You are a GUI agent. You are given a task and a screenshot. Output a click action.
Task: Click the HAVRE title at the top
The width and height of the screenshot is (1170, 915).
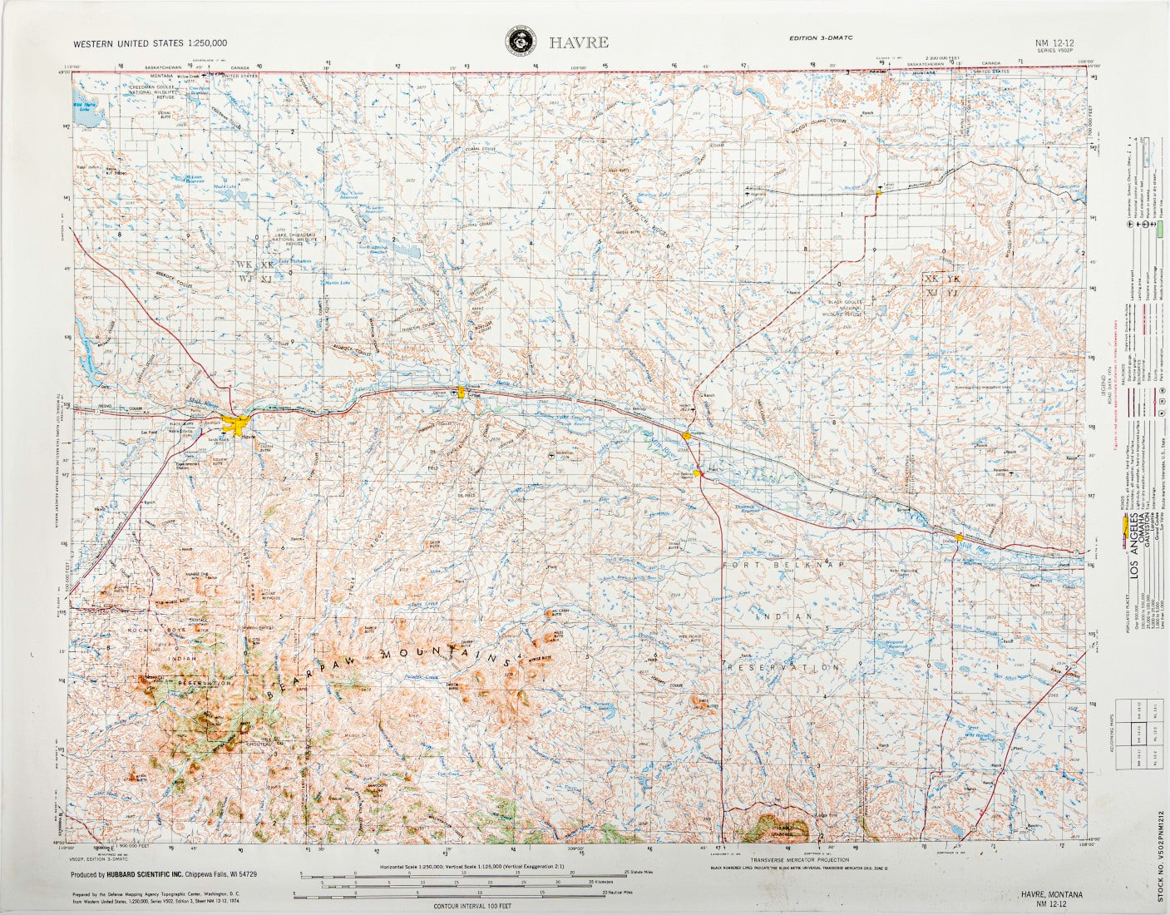pyautogui.click(x=578, y=42)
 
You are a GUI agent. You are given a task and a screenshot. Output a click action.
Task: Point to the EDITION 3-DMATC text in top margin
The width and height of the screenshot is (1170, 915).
pyautogui.click(x=822, y=38)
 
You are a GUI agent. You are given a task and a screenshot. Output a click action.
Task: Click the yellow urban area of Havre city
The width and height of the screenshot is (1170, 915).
pyautogui.click(x=245, y=428)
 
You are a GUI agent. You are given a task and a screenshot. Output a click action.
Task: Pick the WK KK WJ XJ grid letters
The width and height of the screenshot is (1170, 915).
pyautogui.click(x=255, y=271)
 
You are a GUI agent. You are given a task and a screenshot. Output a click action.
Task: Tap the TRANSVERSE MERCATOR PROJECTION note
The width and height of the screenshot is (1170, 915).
pyautogui.click(x=799, y=859)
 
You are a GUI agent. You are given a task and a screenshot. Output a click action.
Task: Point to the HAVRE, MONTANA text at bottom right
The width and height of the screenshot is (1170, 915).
pyautogui.click(x=1052, y=894)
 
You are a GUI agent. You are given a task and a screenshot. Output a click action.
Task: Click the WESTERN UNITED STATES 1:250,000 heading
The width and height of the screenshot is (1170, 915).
pyautogui.click(x=150, y=42)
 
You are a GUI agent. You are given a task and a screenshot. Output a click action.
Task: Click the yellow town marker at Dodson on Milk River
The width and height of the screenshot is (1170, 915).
pyautogui.click(x=960, y=537)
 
